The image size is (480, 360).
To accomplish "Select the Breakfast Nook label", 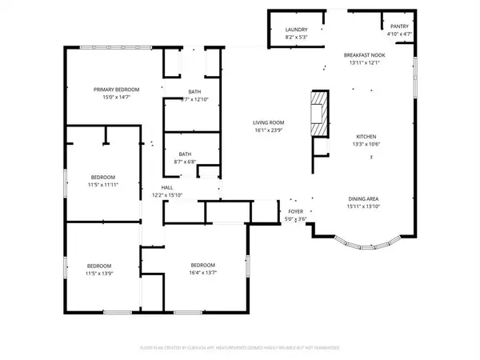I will (x=364, y=55).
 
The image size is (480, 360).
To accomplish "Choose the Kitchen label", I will (x=366, y=137).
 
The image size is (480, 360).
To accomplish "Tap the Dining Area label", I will (x=364, y=198).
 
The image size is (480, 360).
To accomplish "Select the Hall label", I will (x=167, y=187).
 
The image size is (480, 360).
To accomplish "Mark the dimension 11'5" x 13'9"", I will (x=99, y=274).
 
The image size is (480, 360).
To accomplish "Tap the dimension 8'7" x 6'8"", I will (x=185, y=162).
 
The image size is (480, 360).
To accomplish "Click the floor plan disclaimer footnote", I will (x=240, y=348).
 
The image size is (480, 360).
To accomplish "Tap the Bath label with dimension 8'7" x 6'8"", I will (x=185, y=154).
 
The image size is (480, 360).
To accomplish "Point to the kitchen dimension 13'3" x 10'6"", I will (x=366, y=145).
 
